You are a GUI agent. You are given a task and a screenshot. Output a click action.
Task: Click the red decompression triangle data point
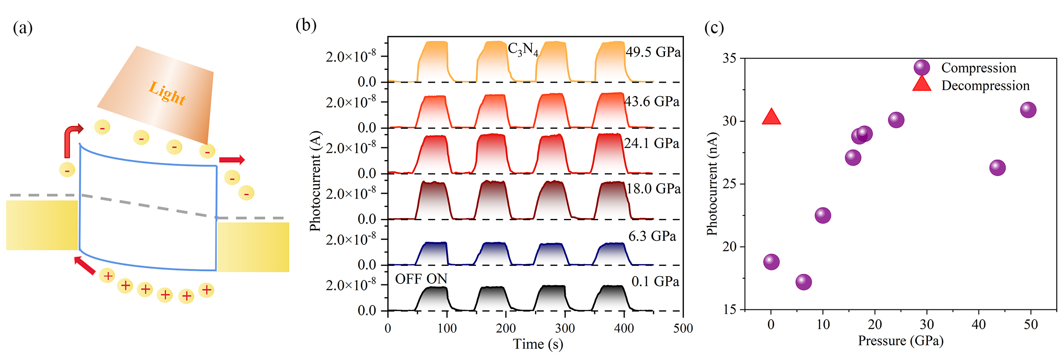[771, 117]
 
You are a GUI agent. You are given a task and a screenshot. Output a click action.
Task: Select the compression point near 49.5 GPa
[1028, 110]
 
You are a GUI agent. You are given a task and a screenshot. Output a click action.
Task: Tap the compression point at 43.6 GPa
[997, 167]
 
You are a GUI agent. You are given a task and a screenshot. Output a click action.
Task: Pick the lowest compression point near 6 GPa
[804, 282]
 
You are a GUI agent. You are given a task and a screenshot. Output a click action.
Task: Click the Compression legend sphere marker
[921, 68]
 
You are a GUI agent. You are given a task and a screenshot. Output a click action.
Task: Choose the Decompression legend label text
[985, 86]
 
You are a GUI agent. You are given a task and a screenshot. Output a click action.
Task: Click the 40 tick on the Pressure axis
[978, 325]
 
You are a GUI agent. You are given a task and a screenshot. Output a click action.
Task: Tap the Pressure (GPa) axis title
[900, 341]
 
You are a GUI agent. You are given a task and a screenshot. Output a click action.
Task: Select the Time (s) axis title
[538, 344]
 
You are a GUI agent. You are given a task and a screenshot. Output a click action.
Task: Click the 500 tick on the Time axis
[683, 328]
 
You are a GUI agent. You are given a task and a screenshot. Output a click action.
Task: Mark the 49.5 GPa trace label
[653, 52]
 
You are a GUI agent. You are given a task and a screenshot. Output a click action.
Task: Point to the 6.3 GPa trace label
[652, 236]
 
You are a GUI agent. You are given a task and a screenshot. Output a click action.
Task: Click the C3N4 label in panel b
[523, 49]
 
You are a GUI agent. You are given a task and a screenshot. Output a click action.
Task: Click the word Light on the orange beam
[167, 93]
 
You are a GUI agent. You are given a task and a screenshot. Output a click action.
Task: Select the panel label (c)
[714, 28]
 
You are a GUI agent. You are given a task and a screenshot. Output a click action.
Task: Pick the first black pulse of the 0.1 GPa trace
[432, 299]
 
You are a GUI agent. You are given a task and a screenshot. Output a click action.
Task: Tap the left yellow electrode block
[42, 225]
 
